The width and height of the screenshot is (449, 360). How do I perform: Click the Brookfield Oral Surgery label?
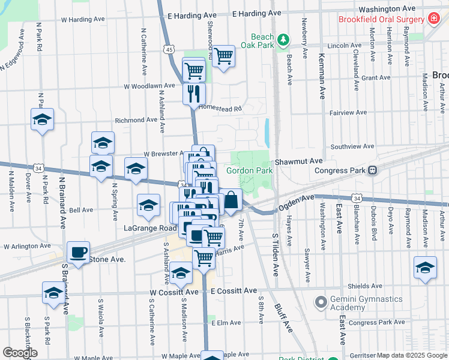tap(381, 19)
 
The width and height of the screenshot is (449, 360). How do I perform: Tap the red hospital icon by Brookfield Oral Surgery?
tap(433, 19)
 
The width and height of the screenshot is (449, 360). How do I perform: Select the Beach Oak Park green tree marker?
tap(283, 41)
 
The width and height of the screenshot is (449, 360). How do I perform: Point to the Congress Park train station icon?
tap(373, 170)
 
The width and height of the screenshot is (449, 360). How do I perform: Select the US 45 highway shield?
tap(169, 50)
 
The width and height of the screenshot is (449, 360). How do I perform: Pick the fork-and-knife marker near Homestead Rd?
tap(194, 93)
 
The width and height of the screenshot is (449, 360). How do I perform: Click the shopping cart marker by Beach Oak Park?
tap(223, 56)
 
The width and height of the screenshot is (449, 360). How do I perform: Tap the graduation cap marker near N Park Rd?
tap(42, 120)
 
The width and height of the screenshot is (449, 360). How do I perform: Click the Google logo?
tap(20, 353)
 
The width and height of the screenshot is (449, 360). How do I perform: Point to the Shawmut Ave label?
tap(299, 161)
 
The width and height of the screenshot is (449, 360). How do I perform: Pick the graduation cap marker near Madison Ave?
tap(425, 268)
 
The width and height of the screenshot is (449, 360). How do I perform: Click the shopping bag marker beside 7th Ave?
tap(231, 200)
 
